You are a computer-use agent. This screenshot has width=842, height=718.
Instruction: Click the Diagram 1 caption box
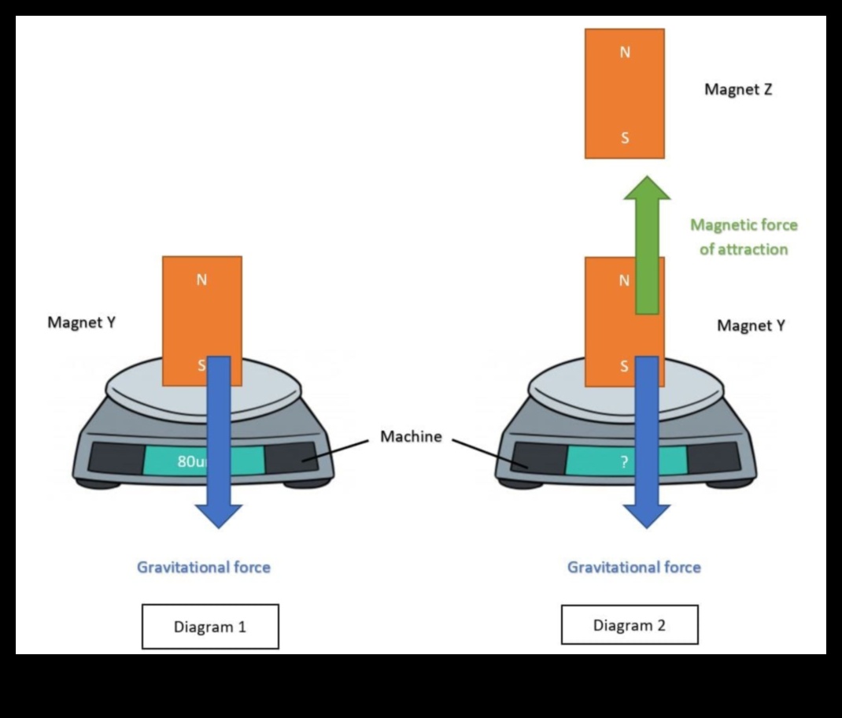[x=210, y=627]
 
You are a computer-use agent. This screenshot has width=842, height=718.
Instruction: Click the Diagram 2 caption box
[x=629, y=625]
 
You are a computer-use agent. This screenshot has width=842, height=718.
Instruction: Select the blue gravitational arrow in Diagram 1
[x=218, y=441]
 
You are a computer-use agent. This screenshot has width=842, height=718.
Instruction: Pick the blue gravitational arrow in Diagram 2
[x=646, y=441]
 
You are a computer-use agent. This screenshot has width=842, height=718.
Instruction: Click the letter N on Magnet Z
[x=625, y=53]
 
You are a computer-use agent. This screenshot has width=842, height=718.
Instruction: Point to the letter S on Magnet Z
[x=625, y=139]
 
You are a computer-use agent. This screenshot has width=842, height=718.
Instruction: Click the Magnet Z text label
[x=737, y=90]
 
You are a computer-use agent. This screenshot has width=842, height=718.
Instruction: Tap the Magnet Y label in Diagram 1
[x=82, y=322]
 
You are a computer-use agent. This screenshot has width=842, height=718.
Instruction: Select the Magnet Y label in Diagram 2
[x=750, y=325]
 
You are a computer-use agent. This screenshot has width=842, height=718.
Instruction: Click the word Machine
[x=411, y=436]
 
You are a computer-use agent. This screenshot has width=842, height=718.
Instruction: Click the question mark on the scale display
[x=624, y=462]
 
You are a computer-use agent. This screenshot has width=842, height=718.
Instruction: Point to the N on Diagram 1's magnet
[x=201, y=279]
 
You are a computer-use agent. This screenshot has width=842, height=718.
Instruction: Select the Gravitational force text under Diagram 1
[x=204, y=567]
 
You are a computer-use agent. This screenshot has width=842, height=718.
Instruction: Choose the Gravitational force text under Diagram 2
[x=633, y=567]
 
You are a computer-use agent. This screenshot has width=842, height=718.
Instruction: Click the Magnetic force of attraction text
[x=744, y=237]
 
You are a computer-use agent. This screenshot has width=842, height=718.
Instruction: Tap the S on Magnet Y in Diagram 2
[x=625, y=366]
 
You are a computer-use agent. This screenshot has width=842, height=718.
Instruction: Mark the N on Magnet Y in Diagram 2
[x=624, y=280]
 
